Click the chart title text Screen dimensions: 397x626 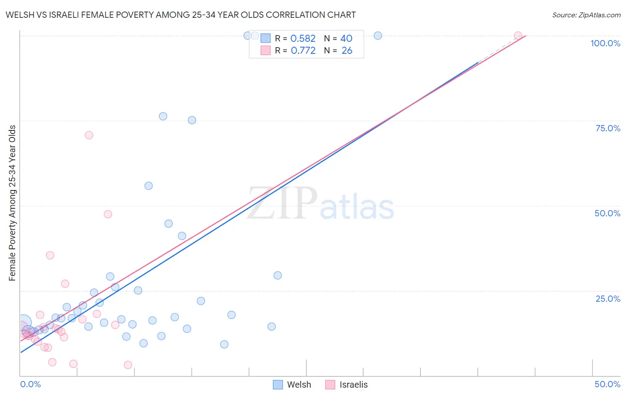click(x=180, y=15)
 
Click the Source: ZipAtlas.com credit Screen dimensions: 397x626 click(x=586, y=15)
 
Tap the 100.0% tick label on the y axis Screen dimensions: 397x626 click(x=605, y=43)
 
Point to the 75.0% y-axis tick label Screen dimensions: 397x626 click(x=608, y=128)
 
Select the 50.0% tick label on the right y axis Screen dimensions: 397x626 click(x=607, y=213)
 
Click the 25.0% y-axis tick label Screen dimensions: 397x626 click(x=608, y=298)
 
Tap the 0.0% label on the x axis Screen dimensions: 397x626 click(x=30, y=384)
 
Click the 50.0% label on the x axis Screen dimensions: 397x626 click(x=607, y=384)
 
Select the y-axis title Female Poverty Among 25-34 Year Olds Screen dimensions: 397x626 click(x=12, y=203)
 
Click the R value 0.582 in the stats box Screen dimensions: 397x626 click(x=303, y=39)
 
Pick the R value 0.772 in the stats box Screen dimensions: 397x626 click(x=303, y=51)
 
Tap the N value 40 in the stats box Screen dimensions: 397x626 click(x=346, y=39)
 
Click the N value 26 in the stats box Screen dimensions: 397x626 click(x=347, y=51)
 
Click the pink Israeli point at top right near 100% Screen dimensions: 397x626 click(x=518, y=36)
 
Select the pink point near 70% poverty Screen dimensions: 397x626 click(x=89, y=135)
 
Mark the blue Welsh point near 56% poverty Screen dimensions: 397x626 click(x=149, y=186)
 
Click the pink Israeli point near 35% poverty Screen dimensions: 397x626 click(x=50, y=255)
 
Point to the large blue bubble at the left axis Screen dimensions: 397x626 click(x=24, y=323)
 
